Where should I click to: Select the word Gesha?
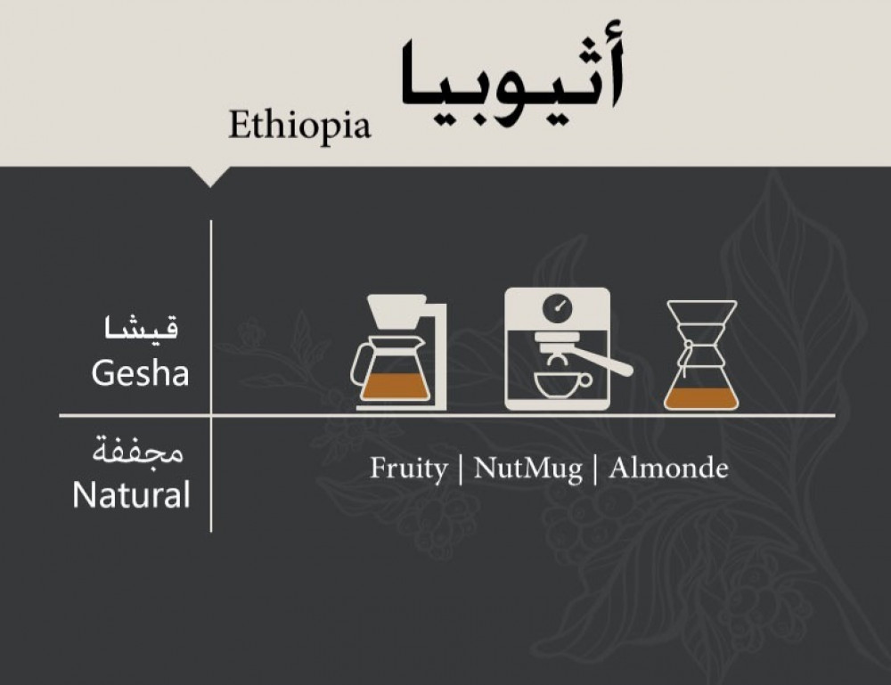click(x=140, y=374)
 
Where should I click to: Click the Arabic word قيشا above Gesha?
click(x=141, y=329)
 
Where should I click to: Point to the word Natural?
click(x=131, y=494)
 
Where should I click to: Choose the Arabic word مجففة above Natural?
click(x=138, y=452)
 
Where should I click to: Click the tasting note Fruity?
click(x=409, y=469)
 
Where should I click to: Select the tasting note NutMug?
click(x=527, y=469)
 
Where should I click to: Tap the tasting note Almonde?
click(x=668, y=469)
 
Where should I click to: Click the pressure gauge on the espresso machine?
click(x=558, y=308)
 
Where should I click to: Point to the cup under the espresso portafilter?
click(x=561, y=385)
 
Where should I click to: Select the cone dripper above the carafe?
click(x=397, y=311)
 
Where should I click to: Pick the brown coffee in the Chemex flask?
click(x=701, y=398)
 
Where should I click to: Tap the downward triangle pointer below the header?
click(x=209, y=176)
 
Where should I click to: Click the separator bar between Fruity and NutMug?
click(x=461, y=469)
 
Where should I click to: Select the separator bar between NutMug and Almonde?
click(x=595, y=469)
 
